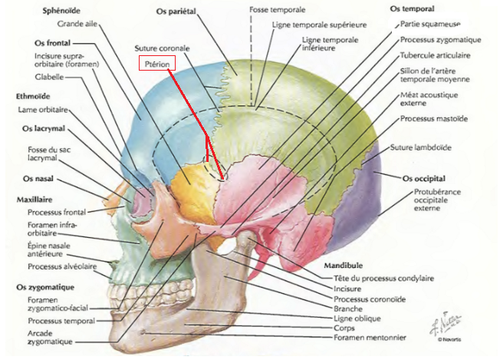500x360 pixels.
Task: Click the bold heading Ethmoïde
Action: tap(34, 96)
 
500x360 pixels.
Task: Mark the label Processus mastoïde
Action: tap(433, 119)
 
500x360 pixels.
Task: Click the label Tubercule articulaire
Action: tap(436, 56)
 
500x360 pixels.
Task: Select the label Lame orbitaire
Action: tap(46, 111)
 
